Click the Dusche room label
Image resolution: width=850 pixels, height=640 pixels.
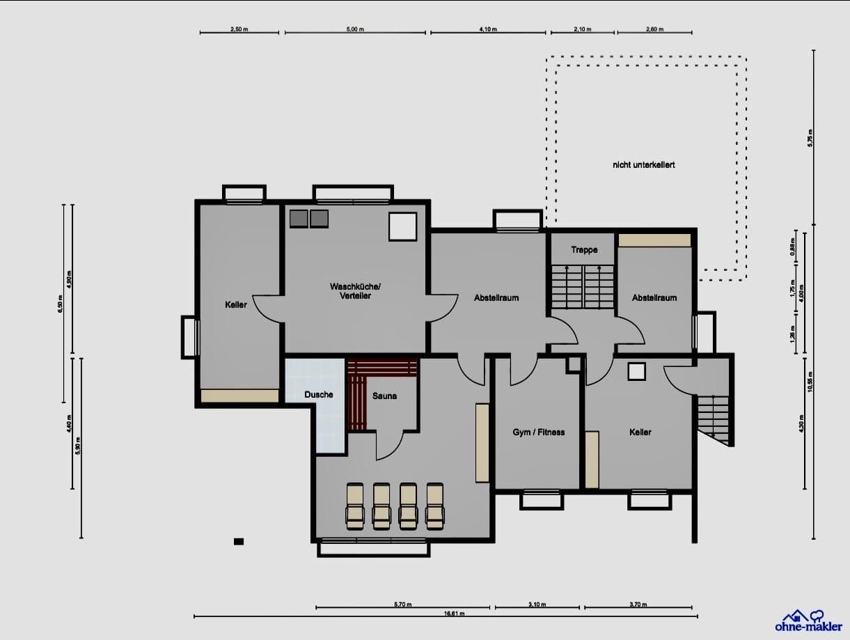pos(319,395)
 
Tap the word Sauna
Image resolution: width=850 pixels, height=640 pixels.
pos(384,396)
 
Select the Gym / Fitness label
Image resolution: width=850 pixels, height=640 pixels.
pos(538,432)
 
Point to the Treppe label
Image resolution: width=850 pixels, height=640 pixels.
pos(584,250)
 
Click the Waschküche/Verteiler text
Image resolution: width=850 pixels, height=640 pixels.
pos(350,291)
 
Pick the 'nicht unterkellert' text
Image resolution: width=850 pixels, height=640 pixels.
pos(643,165)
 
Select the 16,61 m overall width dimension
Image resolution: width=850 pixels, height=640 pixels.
pos(455,614)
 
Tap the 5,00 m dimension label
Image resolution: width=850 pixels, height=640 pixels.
pos(355,30)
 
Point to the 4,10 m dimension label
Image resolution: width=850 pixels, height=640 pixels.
pos(488,30)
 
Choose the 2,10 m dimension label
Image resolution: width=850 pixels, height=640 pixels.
pos(583,30)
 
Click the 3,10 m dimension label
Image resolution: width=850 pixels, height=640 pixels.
pos(537,604)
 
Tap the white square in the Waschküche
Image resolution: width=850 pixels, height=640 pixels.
pos(402,226)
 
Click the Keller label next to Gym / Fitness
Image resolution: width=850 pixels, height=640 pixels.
pos(640,432)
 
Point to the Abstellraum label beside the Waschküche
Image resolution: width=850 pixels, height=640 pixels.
pos(496,298)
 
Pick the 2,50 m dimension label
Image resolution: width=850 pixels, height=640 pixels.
pos(239,30)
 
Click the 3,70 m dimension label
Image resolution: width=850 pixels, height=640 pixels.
pos(638,604)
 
